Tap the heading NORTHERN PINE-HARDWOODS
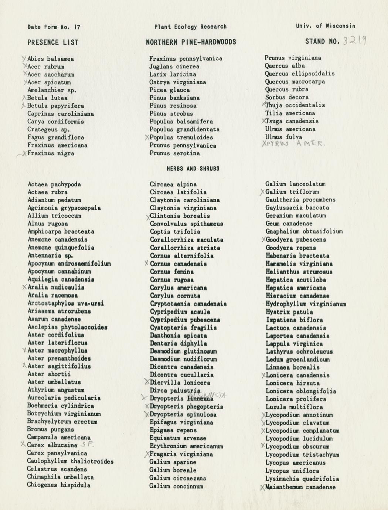point(191,42)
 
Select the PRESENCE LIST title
point(53,42)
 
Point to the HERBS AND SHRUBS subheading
point(193,169)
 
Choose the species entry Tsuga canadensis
point(292,121)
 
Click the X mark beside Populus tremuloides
point(147,137)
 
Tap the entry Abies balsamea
point(50,59)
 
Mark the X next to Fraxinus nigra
point(24,153)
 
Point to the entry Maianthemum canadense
point(300,487)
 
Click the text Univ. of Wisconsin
point(325,26)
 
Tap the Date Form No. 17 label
point(54,27)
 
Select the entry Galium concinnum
point(176,486)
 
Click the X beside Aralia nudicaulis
point(24,287)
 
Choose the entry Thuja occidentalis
point(295,105)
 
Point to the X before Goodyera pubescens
point(263,239)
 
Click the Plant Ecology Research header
point(190,27)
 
